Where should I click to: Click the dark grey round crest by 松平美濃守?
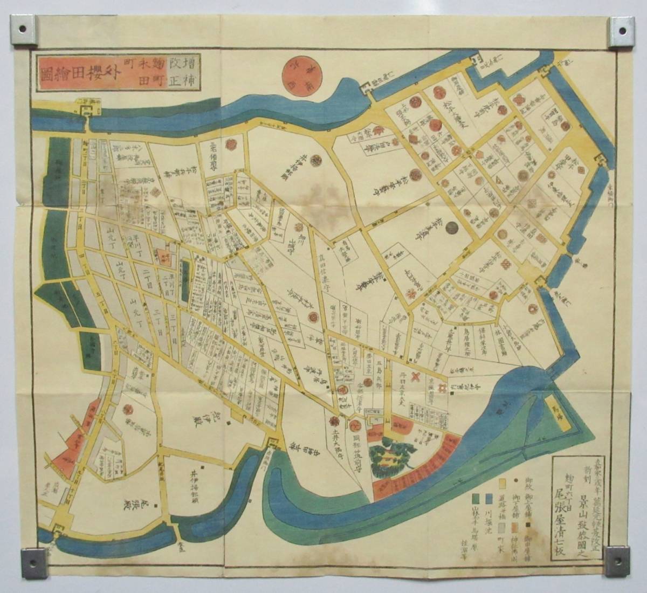point(450,228)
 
